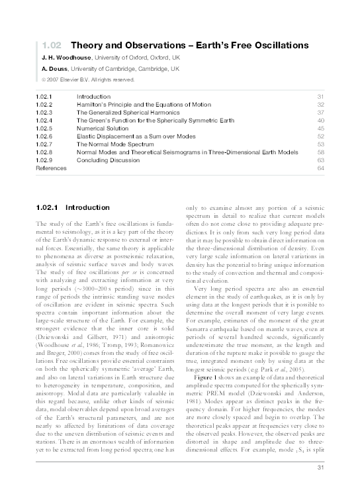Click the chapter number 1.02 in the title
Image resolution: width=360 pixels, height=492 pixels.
pos(51,46)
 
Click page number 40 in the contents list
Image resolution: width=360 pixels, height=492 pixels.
pos(320,121)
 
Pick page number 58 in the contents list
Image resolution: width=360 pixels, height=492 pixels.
pos(320,152)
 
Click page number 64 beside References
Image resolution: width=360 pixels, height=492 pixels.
pos(320,168)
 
